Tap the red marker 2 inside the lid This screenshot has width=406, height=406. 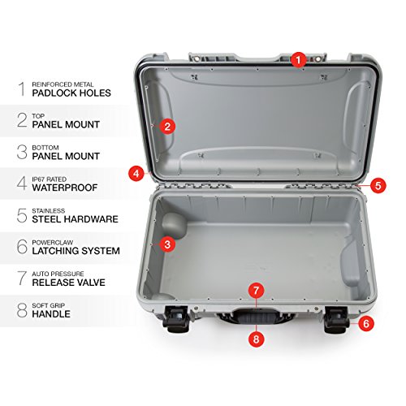[166, 126]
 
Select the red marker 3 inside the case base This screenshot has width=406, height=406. [166, 243]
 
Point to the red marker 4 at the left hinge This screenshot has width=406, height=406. [136, 173]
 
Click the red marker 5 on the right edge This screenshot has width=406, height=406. [378, 185]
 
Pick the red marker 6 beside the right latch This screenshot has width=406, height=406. [365, 322]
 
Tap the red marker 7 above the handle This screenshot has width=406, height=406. [256, 289]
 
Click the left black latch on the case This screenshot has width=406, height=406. [175, 320]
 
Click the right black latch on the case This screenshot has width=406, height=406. [335, 320]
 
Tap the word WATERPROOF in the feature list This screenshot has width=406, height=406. [65, 188]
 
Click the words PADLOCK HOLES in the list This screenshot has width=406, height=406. [71, 93]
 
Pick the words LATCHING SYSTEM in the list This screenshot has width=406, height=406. [76, 251]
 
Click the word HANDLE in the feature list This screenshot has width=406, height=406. [50, 313]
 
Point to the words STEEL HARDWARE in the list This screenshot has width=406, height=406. [75, 219]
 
